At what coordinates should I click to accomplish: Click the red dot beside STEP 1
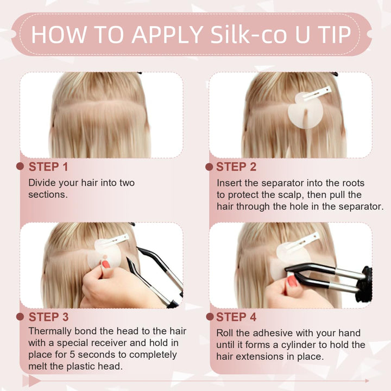pos(21,166)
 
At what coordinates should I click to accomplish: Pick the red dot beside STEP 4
pos(209,316)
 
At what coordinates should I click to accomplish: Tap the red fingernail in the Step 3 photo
pos(105,264)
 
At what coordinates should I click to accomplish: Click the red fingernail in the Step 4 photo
pos(292,281)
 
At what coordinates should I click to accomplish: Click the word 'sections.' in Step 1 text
pos(48,194)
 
